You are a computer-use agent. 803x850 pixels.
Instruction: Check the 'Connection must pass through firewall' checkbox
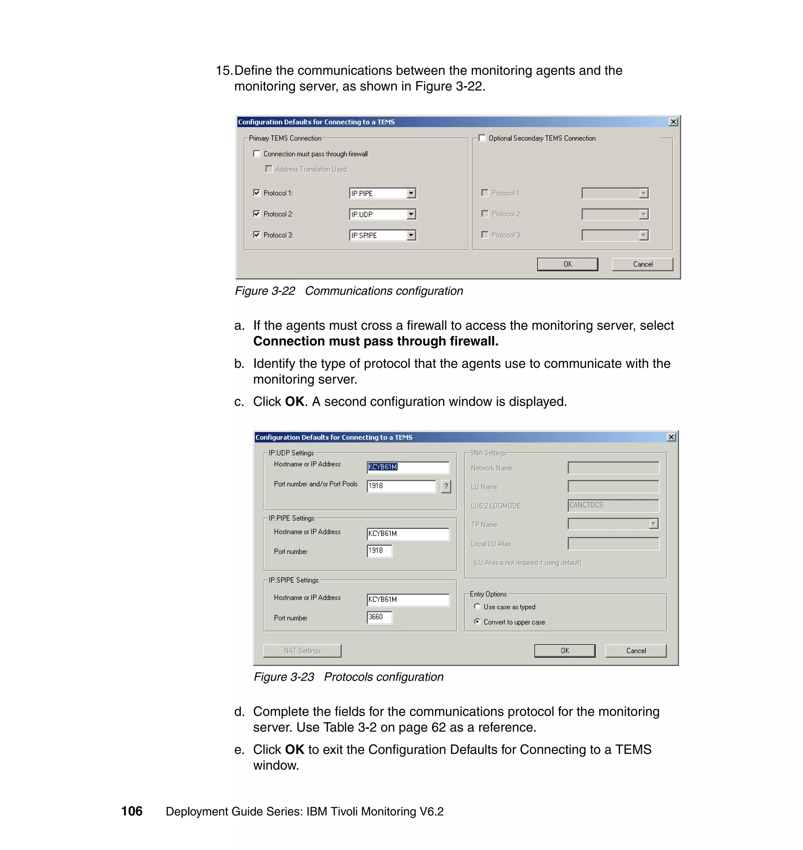[x=257, y=154]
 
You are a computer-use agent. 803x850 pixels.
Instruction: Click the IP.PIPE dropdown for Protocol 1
[x=382, y=193]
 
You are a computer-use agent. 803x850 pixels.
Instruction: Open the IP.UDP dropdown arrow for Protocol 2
[x=411, y=214]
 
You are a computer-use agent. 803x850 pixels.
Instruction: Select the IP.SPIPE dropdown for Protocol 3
[x=382, y=235]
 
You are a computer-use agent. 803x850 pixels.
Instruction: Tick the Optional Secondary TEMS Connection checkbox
[x=482, y=138]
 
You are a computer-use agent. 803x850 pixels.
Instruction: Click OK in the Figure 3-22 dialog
[x=567, y=264]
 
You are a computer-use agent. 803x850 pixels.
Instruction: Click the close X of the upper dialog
[x=673, y=122]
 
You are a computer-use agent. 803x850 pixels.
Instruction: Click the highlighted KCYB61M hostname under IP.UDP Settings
[x=383, y=467]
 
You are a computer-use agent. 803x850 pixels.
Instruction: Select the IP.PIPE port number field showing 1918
[x=379, y=551]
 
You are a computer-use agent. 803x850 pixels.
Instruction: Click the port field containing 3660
[x=379, y=617]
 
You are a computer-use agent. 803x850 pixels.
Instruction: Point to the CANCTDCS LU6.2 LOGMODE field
[x=613, y=505]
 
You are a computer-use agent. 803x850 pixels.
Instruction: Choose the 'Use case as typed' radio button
[x=477, y=607]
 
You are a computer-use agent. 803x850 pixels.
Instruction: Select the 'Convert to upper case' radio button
[x=477, y=621]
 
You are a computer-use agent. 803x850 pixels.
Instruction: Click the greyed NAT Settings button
[x=302, y=650]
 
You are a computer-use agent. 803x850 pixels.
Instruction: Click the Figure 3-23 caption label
[x=349, y=677]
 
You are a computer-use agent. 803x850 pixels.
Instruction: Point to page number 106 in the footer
[x=132, y=811]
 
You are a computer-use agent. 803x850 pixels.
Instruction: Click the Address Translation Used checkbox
[x=269, y=169]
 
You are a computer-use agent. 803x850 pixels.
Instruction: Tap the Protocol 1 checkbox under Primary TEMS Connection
[x=257, y=193]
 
